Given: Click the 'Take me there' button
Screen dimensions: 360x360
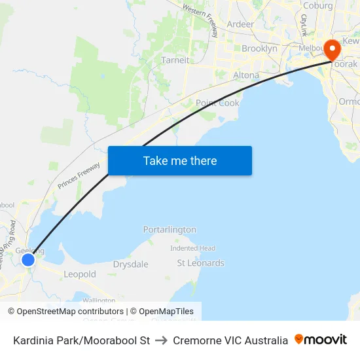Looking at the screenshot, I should (180, 160).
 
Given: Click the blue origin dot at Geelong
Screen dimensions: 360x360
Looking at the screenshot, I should (27, 260).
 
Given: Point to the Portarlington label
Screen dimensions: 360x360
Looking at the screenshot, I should (170, 230).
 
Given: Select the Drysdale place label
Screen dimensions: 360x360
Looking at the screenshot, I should (130, 264).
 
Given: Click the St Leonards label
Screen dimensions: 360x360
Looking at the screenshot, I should (200, 263).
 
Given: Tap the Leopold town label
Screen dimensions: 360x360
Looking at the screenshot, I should (80, 274).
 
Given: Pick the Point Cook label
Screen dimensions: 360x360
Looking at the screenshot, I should (217, 103).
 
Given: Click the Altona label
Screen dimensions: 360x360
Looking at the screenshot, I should (246, 75).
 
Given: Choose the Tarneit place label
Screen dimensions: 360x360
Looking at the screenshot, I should (175, 60).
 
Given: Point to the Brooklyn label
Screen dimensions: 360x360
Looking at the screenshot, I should (259, 48).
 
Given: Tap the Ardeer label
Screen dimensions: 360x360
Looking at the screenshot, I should (240, 24).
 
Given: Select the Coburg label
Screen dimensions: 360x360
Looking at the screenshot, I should (317, 6).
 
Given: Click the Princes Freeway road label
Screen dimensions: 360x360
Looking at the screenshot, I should (79, 175).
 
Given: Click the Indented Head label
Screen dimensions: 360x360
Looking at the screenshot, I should (192, 249).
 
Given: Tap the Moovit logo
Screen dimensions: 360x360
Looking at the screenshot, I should (321, 340).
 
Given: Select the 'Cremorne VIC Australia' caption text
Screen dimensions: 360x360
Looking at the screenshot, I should (230, 340).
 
